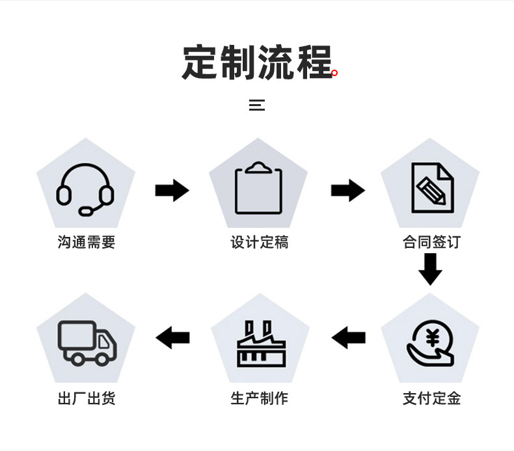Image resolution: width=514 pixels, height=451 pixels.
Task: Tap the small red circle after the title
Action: tap(334, 73)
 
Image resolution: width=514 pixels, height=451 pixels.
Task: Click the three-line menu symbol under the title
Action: tap(257, 105)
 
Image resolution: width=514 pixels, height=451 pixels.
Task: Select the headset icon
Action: tap(85, 189)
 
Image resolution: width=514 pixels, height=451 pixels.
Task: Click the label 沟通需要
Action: tap(87, 242)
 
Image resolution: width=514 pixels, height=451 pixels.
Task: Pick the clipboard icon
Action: tap(258, 188)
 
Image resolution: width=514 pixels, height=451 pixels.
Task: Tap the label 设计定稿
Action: tap(259, 242)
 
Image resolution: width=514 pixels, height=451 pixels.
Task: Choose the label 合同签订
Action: tap(431, 242)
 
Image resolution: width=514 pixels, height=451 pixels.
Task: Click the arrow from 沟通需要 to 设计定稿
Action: tap(172, 191)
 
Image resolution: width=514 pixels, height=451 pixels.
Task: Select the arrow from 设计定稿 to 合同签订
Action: tap(347, 191)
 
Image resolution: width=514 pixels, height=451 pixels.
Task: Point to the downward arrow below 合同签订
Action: tap(430, 269)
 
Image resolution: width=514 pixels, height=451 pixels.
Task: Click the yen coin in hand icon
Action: tap(431, 343)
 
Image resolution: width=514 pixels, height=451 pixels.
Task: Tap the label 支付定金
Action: tap(431, 398)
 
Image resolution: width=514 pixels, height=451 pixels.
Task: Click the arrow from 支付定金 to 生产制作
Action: tap(349, 338)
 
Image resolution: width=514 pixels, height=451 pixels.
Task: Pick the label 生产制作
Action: tap(259, 398)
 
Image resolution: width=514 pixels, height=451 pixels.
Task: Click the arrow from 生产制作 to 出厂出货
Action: tap(172, 338)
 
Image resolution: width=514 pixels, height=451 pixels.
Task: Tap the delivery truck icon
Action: tap(87, 342)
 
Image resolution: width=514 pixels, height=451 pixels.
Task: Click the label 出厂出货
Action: tap(87, 398)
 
